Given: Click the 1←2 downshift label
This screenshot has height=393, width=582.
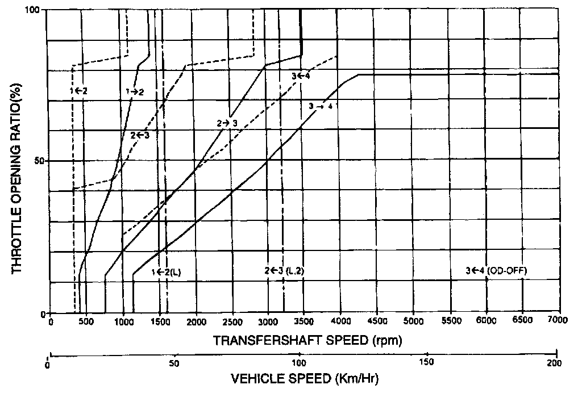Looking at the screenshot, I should (79, 90).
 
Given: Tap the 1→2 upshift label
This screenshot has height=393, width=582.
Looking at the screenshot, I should (135, 91).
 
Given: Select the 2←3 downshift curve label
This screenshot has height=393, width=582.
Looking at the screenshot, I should (140, 135).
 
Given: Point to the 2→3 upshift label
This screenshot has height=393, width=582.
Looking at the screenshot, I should (226, 123).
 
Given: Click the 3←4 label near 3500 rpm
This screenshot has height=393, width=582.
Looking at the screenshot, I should (301, 76).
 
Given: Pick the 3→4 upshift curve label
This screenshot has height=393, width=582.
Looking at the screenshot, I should (321, 106).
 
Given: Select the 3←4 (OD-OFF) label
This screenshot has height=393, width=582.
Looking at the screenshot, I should (496, 270).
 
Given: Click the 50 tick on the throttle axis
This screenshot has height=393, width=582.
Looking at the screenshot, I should (38, 161).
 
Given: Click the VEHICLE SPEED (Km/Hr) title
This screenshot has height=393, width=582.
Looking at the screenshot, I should (304, 378).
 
